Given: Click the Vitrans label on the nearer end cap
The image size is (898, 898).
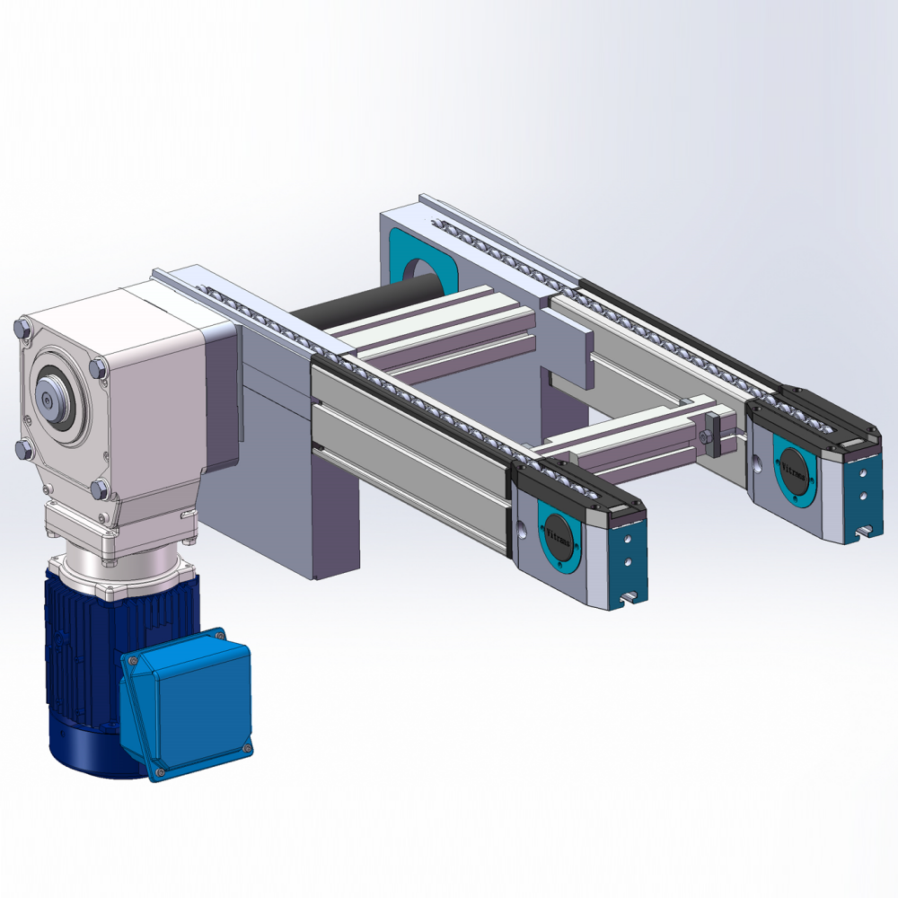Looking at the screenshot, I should [559, 538].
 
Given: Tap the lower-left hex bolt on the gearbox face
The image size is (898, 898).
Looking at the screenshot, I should [25, 448].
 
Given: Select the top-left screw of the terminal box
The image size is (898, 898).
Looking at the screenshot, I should [133, 660].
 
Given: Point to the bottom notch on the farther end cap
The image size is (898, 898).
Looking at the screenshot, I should [864, 532].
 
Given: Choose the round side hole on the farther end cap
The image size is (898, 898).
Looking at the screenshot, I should [756, 464].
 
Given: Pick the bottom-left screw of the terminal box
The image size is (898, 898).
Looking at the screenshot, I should [159, 771].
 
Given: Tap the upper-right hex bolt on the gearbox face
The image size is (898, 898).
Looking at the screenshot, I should [97, 366].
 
